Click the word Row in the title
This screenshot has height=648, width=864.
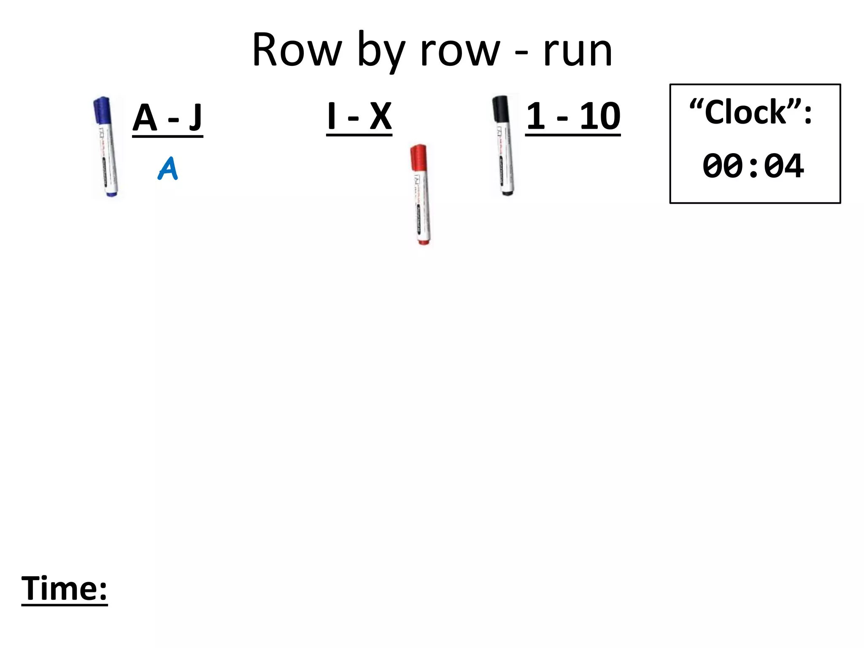click(297, 51)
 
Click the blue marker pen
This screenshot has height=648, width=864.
click(106, 148)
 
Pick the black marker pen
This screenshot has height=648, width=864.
click(503, 146)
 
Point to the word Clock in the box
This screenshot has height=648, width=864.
click(745, 112)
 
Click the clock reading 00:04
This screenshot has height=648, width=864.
click(753, 166)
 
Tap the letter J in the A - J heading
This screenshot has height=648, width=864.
click(195, 117)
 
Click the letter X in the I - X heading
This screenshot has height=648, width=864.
click(381, 116)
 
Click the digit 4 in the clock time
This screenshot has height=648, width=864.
click(792, 166)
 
